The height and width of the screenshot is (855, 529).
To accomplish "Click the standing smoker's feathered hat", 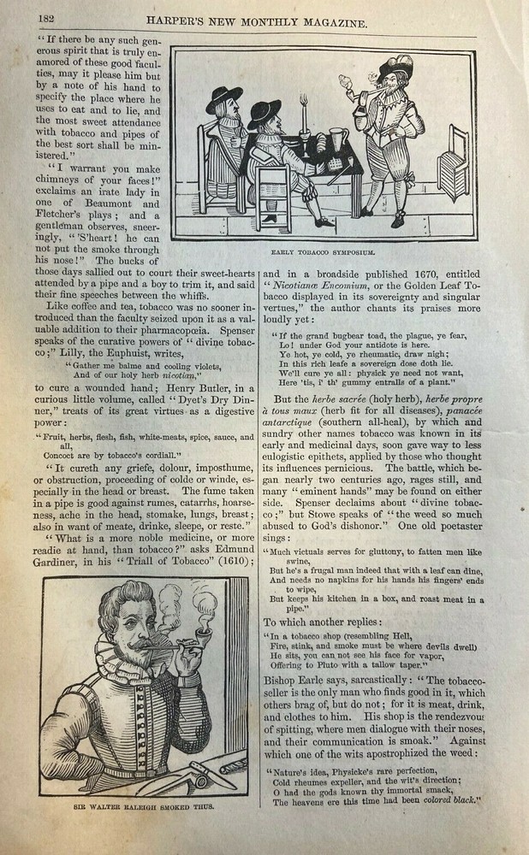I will coord(395,65).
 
